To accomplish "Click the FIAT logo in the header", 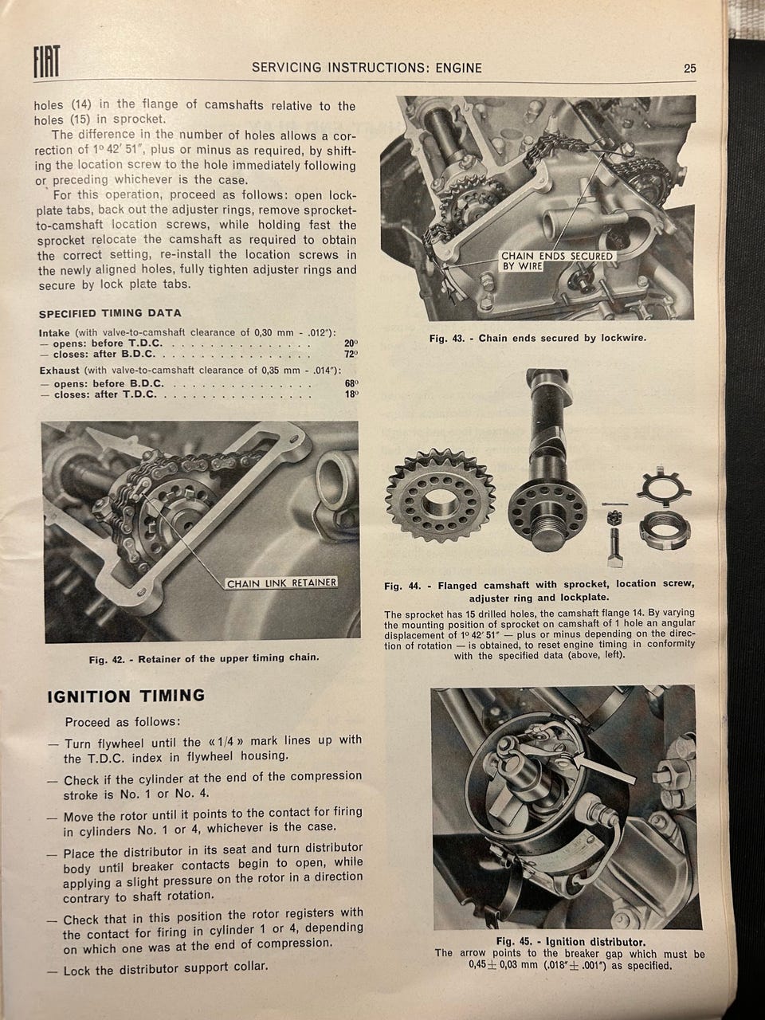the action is click(x=46, y=61).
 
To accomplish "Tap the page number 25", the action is click(x=690, y=69).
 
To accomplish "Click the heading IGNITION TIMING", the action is click(x=126, y=696).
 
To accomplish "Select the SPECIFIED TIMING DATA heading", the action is click(x=110, y=313).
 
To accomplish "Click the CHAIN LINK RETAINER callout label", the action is click(x=281, y=583).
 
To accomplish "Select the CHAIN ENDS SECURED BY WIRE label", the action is click(x=556, y=261).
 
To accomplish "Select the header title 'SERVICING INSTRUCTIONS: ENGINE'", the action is click(x=367, y=68).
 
